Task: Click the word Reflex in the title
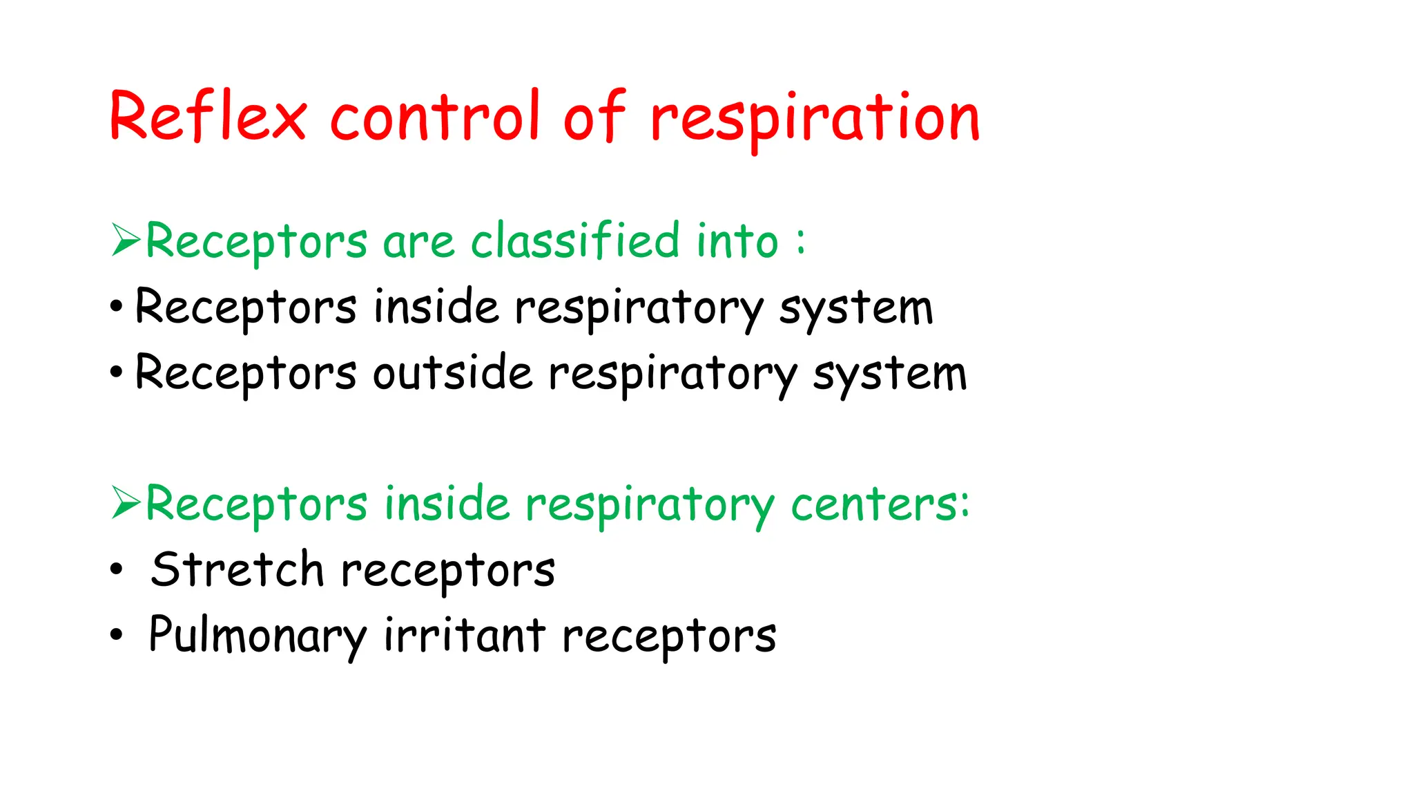tap(207, 117)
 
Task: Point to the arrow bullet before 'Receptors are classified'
tap(126, 240)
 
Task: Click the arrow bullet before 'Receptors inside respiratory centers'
tap(126, 502)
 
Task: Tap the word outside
tap(453, 373)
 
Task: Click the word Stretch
tap(237, 570)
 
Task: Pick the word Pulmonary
tap(258, 635)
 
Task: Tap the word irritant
tap(465, 635)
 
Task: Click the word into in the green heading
tap(737, 241)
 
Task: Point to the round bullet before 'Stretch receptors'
tap(116, 569)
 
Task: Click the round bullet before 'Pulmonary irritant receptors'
tap(116, 634)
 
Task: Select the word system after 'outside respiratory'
tap(889, 375)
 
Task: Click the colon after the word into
tap(800, 241)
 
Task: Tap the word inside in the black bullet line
tap(436, 307)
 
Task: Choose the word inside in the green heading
tap(447, 504)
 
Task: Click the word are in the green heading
tap(418, 243)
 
